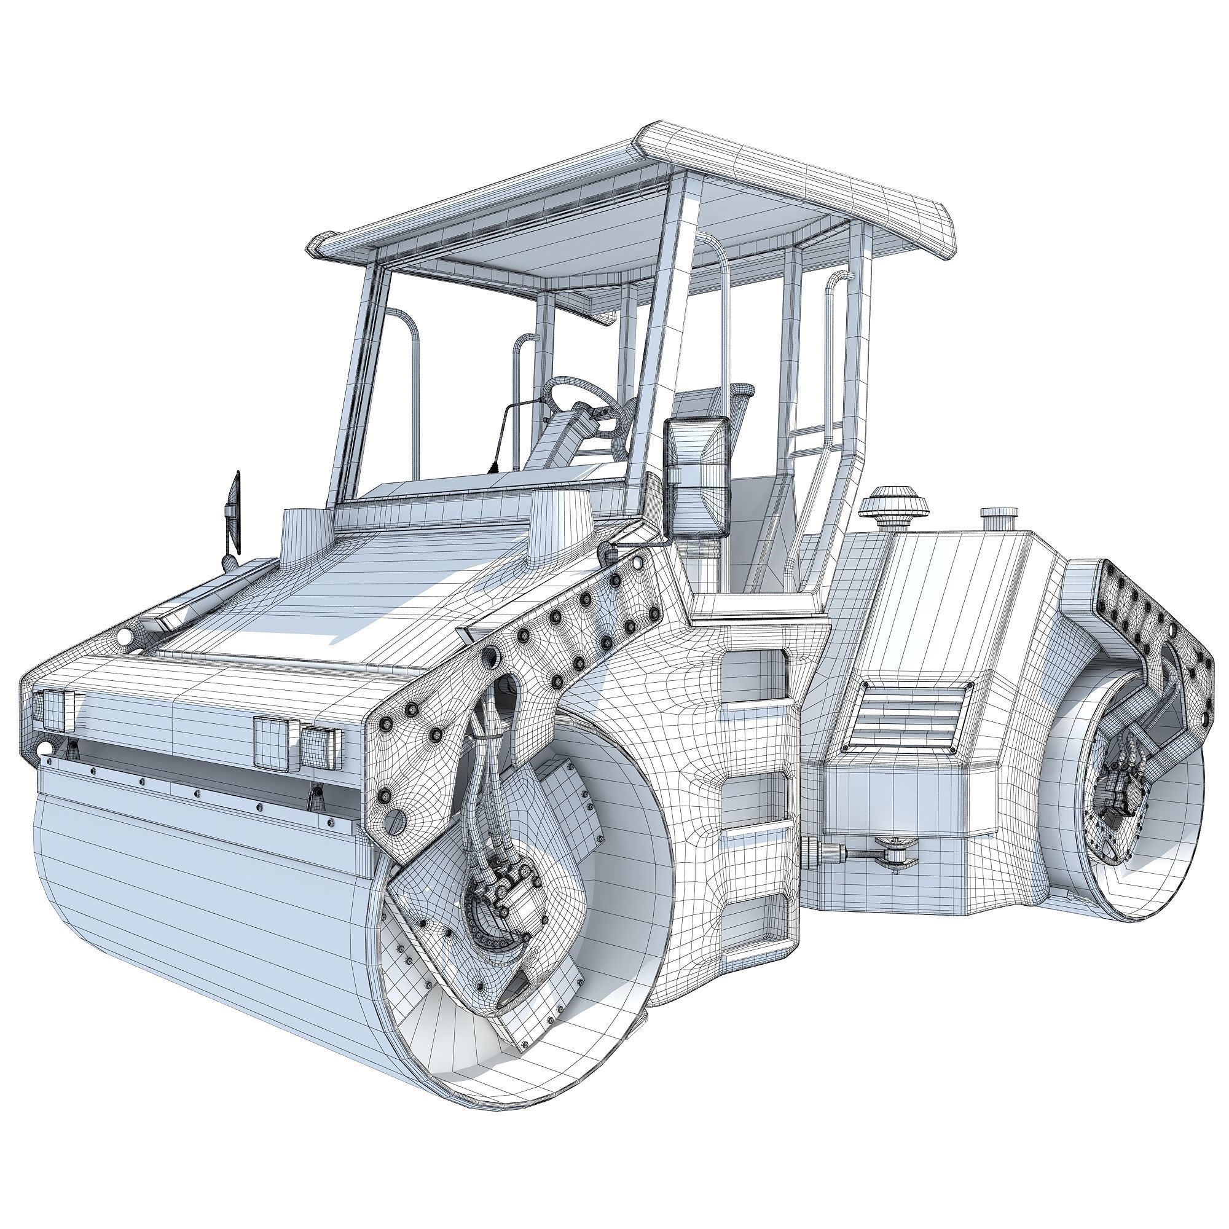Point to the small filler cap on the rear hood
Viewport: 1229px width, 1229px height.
[x=999, y=518]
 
